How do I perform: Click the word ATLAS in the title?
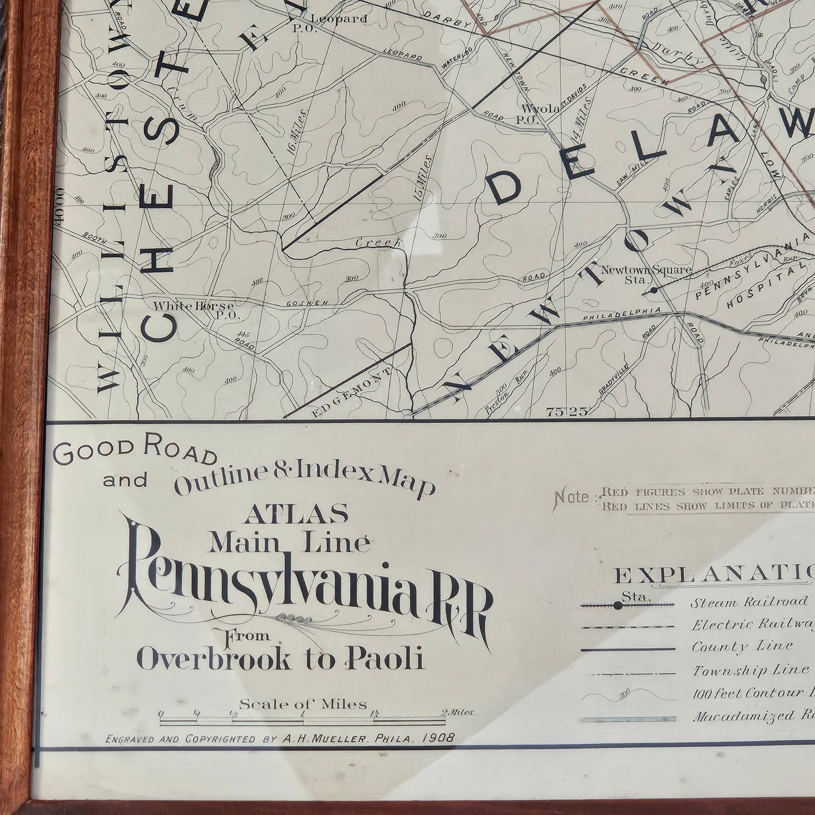pyautogui.click(x=296, y=513)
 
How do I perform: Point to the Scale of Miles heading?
pyautogui.click(x=303, y=704)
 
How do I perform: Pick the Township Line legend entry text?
pyautogui.click(x=750, y=670)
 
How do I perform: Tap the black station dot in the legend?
pyautogui.click(x=618, y=606)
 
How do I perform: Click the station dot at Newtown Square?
pyautogui.click(x=653, y=290)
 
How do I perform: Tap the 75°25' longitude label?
pyautogui.click(x=567, y=412)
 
